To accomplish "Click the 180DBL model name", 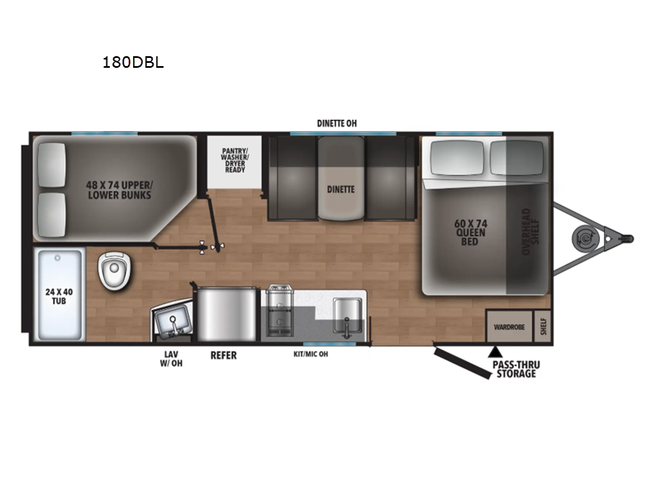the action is tap(133, 63).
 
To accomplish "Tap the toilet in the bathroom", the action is tap(114, 270).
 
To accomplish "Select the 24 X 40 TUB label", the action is tap(59, 296).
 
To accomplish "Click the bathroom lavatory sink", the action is tap(172, 320).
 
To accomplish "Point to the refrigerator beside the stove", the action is tap(226, 314).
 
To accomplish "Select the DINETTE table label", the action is tap(340, 189).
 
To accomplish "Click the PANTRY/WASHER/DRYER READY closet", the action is tap(235, 161).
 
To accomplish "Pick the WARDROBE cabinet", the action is tap(509, 327).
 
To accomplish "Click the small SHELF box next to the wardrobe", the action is tap(543, 327).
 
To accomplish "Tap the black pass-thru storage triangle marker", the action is tap(495, 351).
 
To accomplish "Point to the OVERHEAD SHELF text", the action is tap(530, 231).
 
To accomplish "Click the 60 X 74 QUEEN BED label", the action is tap(470, 232).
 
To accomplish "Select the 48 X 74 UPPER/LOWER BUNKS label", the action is tap(119, 190).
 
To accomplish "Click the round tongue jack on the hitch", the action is tap(585, 239).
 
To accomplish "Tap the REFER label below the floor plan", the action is tap(223, 355).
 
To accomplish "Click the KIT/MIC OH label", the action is tap(311, 355).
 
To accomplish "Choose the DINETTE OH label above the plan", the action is tap(337, 123).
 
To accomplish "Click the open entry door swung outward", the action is tap(463, 362).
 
